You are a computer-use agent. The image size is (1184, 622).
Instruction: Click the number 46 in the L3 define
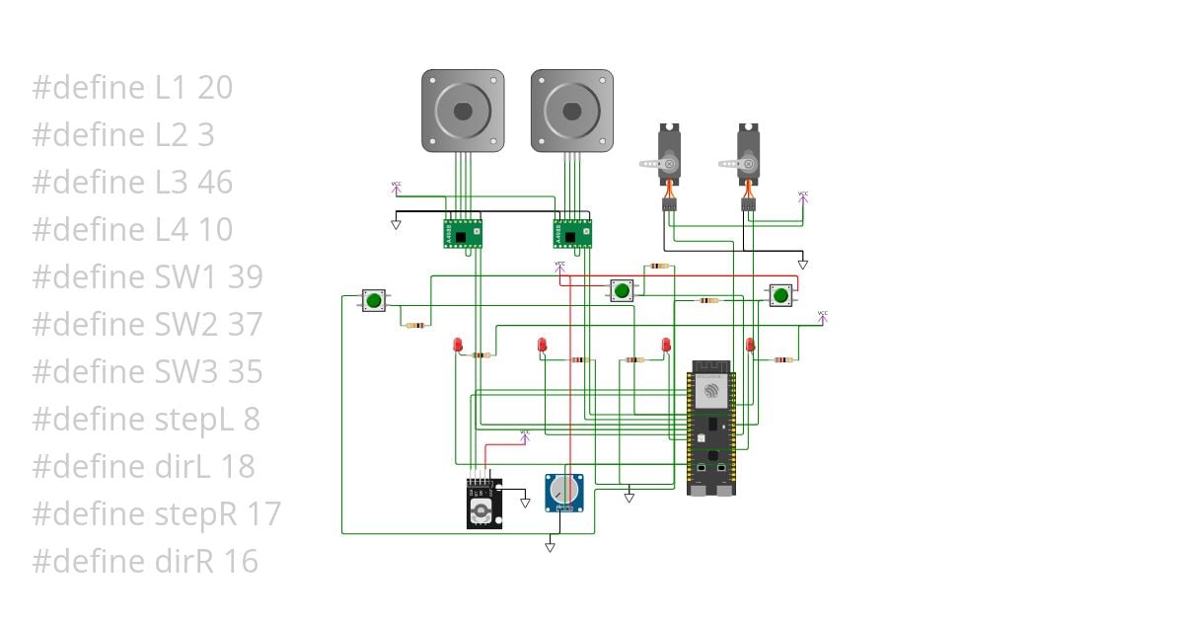coord(215,183)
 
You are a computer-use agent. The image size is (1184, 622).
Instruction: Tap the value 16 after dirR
coord(241,562)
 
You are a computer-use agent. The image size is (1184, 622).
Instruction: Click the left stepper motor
coord(464,111)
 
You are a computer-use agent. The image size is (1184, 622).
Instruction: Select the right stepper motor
coord(572,111)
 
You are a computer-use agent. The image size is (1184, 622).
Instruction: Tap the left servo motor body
coord(669,154)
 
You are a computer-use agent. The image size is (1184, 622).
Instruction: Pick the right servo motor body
coord(749,154)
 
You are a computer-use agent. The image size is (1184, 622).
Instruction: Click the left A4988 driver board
coord(463,233)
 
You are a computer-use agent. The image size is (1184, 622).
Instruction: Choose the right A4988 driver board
coord(572,233)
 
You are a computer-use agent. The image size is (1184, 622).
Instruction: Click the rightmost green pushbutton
coord(780,294)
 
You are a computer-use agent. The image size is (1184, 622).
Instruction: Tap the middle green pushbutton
coord(621,290)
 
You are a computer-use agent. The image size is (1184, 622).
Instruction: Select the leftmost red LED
coord(458,345)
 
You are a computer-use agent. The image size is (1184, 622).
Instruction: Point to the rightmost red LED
coord(751,345)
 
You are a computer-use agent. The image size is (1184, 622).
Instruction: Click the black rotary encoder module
coord(483,505)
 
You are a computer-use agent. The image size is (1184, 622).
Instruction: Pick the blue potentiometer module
coord(564,492)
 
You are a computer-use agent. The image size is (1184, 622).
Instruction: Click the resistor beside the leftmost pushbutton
coord(415,325)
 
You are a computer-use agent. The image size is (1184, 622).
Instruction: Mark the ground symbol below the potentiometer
coord(551,545)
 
